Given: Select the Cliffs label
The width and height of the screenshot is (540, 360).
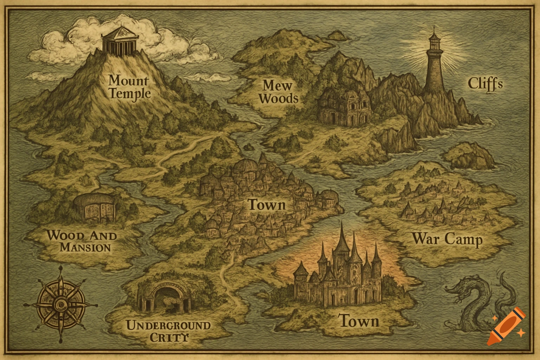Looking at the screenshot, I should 485,84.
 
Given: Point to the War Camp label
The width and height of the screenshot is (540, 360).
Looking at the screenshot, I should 447,239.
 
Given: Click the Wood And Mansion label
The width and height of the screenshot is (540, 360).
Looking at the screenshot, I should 82,241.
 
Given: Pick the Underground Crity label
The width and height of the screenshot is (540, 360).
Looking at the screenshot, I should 168,331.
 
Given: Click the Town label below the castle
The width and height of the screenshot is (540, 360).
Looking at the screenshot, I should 359,321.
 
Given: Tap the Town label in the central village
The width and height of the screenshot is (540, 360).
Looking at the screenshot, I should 266,205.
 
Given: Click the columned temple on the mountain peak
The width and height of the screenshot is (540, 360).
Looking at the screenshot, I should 119,41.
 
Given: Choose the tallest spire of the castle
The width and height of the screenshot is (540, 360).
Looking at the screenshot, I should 341,239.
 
